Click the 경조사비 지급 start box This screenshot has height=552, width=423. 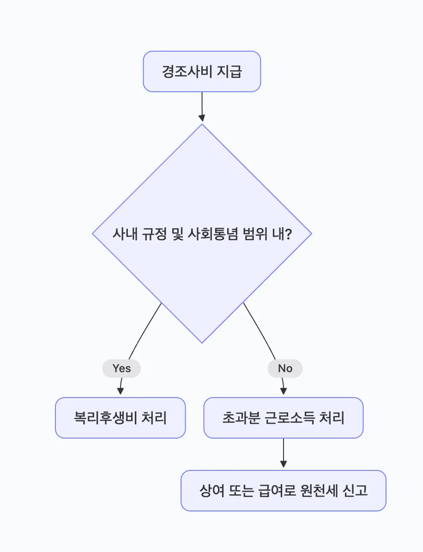pyautogui.click(x=202, y=71)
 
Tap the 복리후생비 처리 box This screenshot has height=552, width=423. pyautogui.click(x=120, y=418)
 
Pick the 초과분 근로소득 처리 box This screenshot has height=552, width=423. pyautogui.click(x=283, y=418)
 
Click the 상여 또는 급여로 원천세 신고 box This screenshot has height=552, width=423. pyautogui.click(x=283, y=491)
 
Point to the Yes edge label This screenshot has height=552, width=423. pyautogui.click(x=121, y=368)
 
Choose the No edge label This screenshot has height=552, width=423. pyautogui.click(x=285, y=368)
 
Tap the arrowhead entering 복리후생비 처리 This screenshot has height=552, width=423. pyautogui.click(x=121, y=391)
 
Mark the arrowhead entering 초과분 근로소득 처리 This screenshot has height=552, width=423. pyautogui.click(x=284, y=391)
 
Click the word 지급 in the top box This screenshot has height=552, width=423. pyautogui.click(x=230, y=72)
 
